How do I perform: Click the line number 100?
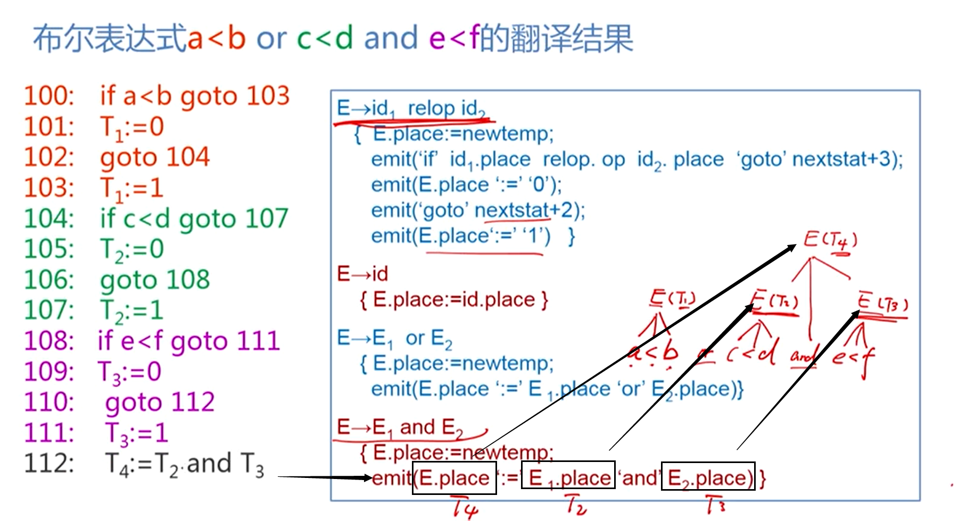(x=49, y=96)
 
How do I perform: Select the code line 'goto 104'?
(x=155, y=157)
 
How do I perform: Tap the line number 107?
(x=49, y=310)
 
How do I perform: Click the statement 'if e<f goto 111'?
(x=188, y=341)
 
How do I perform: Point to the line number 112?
(x=49, y=464)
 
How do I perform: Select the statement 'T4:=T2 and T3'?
(x=184, y=464)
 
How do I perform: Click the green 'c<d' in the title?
(x=325, y=38)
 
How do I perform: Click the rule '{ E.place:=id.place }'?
(x=453, y=300)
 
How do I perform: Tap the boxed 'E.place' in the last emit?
(x=454, y=478)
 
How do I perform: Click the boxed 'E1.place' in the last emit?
(x=568, y=478)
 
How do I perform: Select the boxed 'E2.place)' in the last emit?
(x=708, y=478)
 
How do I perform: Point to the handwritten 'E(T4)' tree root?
(x=830, y=241)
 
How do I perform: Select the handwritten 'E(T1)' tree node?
(x=673, y=299)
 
